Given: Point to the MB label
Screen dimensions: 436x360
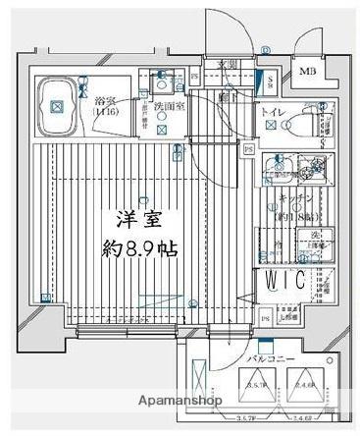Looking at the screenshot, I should click(307, 72).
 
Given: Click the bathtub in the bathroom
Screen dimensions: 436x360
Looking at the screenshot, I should click(55, 103).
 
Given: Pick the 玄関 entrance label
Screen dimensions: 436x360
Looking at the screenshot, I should click(228, 65).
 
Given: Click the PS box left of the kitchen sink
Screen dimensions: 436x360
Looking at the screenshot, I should click(249, 149).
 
